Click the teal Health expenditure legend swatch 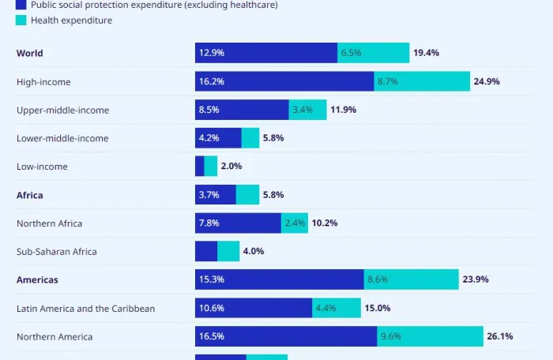point(21,20)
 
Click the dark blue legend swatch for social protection point(21,5)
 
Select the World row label point(30,53)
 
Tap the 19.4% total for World point(426,53)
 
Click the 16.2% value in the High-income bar point(212,81)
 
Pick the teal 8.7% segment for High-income point(422,81)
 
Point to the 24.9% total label point(487,81)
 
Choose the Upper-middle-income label point(62,110)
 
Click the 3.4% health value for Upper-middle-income point(303,110)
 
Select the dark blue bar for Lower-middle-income point(218,138)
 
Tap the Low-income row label point(42,167)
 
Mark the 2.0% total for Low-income point(231,167)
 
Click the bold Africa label point(30,195)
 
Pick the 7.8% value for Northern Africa point(209,223)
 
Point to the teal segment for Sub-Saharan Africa point(228,251)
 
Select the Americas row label point(37,279)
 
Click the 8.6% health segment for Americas point(411,279)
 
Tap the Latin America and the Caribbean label point(85,308)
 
